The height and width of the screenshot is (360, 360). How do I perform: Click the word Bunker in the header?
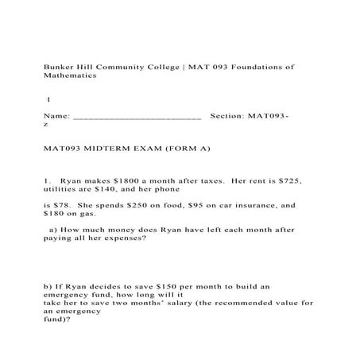coord(57,67)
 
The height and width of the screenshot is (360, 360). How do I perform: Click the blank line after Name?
coord(136,116)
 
